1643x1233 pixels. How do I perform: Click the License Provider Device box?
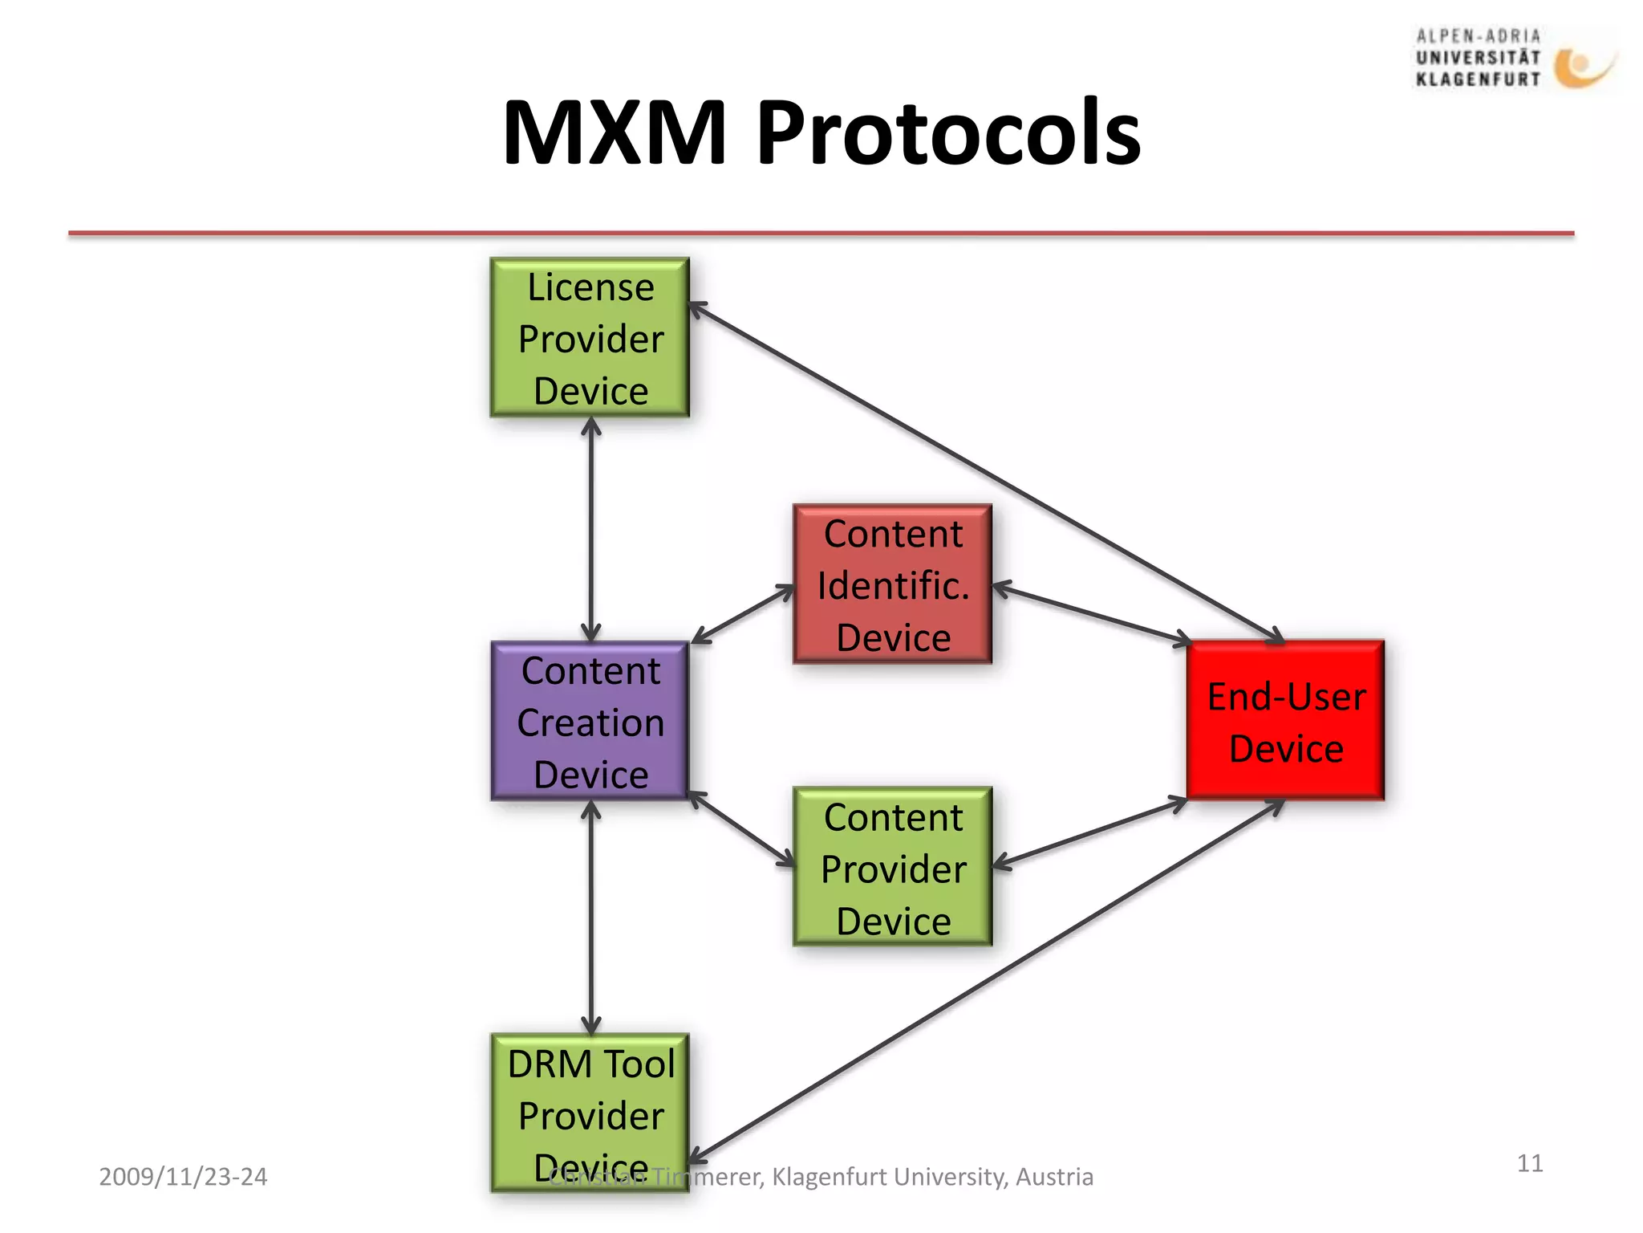[590, 337]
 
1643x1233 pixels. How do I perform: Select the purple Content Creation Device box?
[590, 721]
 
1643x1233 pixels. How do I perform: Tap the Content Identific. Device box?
[892, 584]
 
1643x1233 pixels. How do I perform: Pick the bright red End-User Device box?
[1285, 720]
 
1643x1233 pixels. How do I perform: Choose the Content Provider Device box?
[892, 866]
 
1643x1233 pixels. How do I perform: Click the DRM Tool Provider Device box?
[590, 1112]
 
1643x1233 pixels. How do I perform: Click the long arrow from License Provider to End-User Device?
[987, 473]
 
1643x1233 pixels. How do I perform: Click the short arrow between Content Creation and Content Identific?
[742, 614]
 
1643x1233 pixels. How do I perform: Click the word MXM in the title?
[614, 132]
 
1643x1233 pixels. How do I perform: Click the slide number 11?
[1530, 1163]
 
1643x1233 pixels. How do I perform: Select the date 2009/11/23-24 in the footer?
[183, 1177]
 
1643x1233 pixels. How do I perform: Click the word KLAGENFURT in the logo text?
[1478, 79]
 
